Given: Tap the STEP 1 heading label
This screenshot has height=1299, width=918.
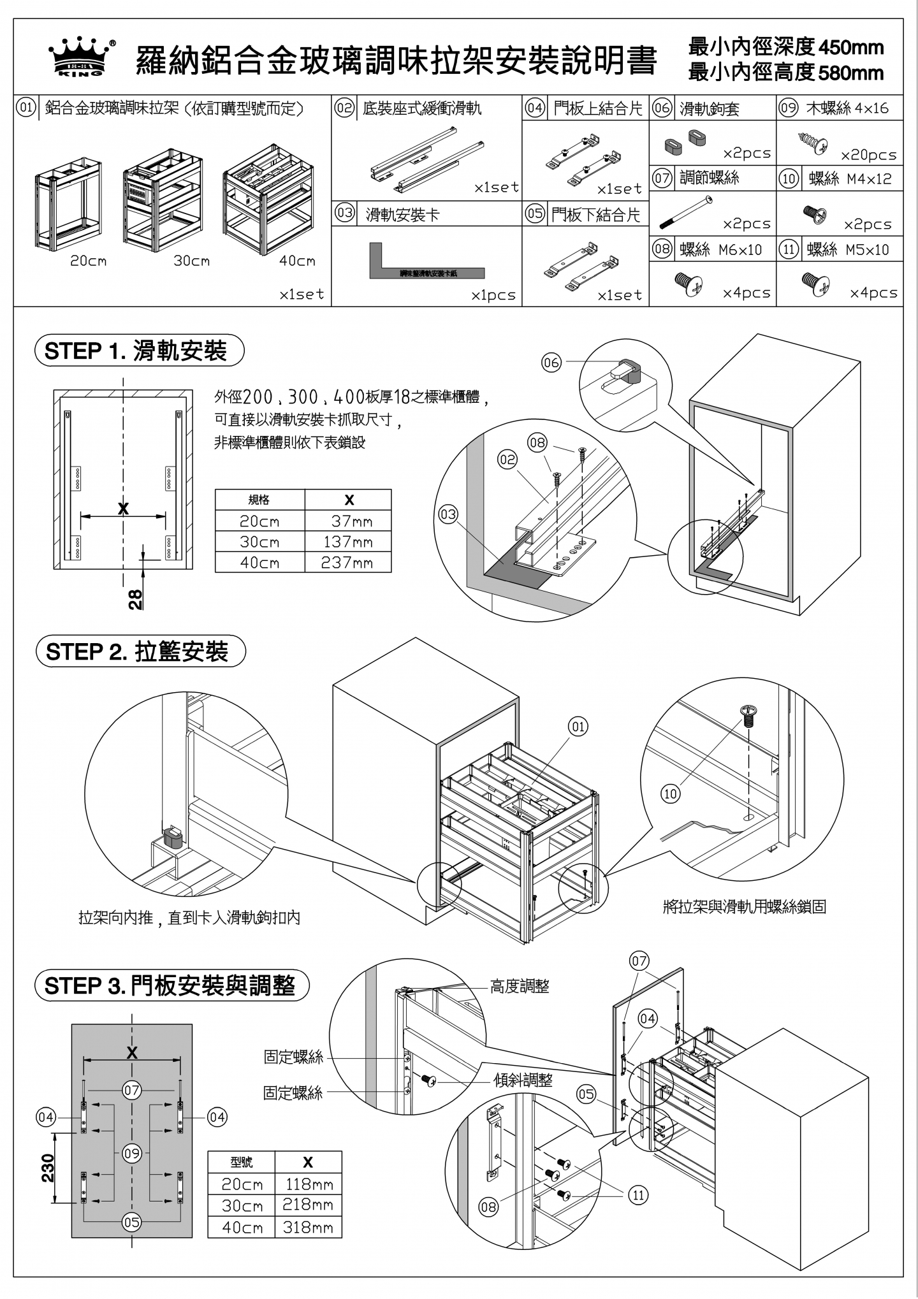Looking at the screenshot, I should tap(140, 351).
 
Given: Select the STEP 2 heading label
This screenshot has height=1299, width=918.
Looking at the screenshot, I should tap(141, 651).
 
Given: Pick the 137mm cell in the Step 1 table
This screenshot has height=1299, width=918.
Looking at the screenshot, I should tap(347, 541).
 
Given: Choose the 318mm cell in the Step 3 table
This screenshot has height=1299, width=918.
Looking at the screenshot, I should tap(308, 1227).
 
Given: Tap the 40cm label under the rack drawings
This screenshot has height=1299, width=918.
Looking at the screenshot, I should tap(297, 261).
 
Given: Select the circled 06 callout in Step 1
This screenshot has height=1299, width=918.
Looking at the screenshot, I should tap(551, 363).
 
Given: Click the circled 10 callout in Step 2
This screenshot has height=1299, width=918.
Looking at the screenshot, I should tap(671, 794).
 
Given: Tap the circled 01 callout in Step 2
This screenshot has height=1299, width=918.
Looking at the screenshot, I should tap(578, 726).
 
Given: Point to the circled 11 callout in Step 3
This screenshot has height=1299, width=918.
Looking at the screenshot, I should tap(638, 1194).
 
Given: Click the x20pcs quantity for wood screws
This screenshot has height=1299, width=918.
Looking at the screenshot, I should tap(868, 155).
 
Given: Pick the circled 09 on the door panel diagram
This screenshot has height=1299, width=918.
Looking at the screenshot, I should tap(132, 1153).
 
